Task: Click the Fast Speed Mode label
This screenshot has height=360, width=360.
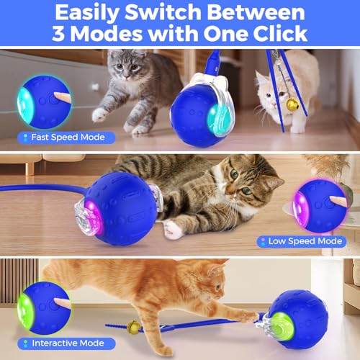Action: click(x=64, y=137)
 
